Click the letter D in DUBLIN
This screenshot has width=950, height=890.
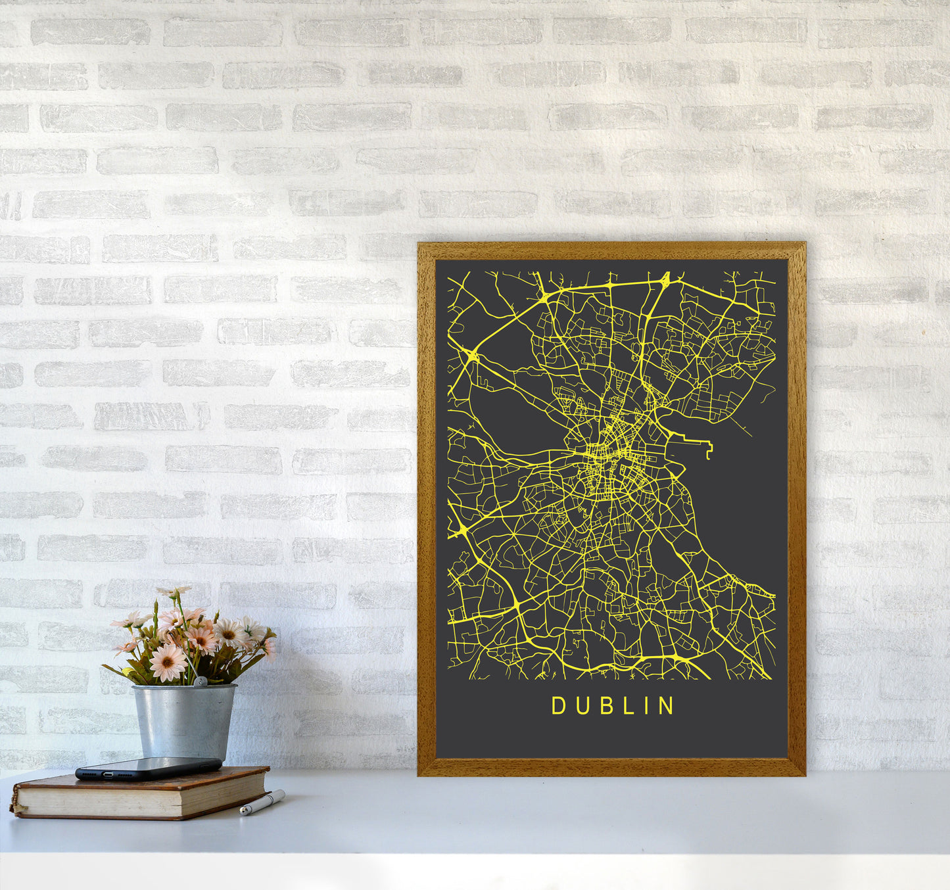tap(558, 706)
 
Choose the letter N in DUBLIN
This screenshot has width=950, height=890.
tap(667, 706)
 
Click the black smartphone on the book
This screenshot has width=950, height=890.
tap(148, 768)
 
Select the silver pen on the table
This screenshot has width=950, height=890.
tap(262, 803)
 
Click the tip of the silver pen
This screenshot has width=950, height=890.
tap(243, 813)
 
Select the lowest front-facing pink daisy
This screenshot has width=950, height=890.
tap(168, 661)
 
